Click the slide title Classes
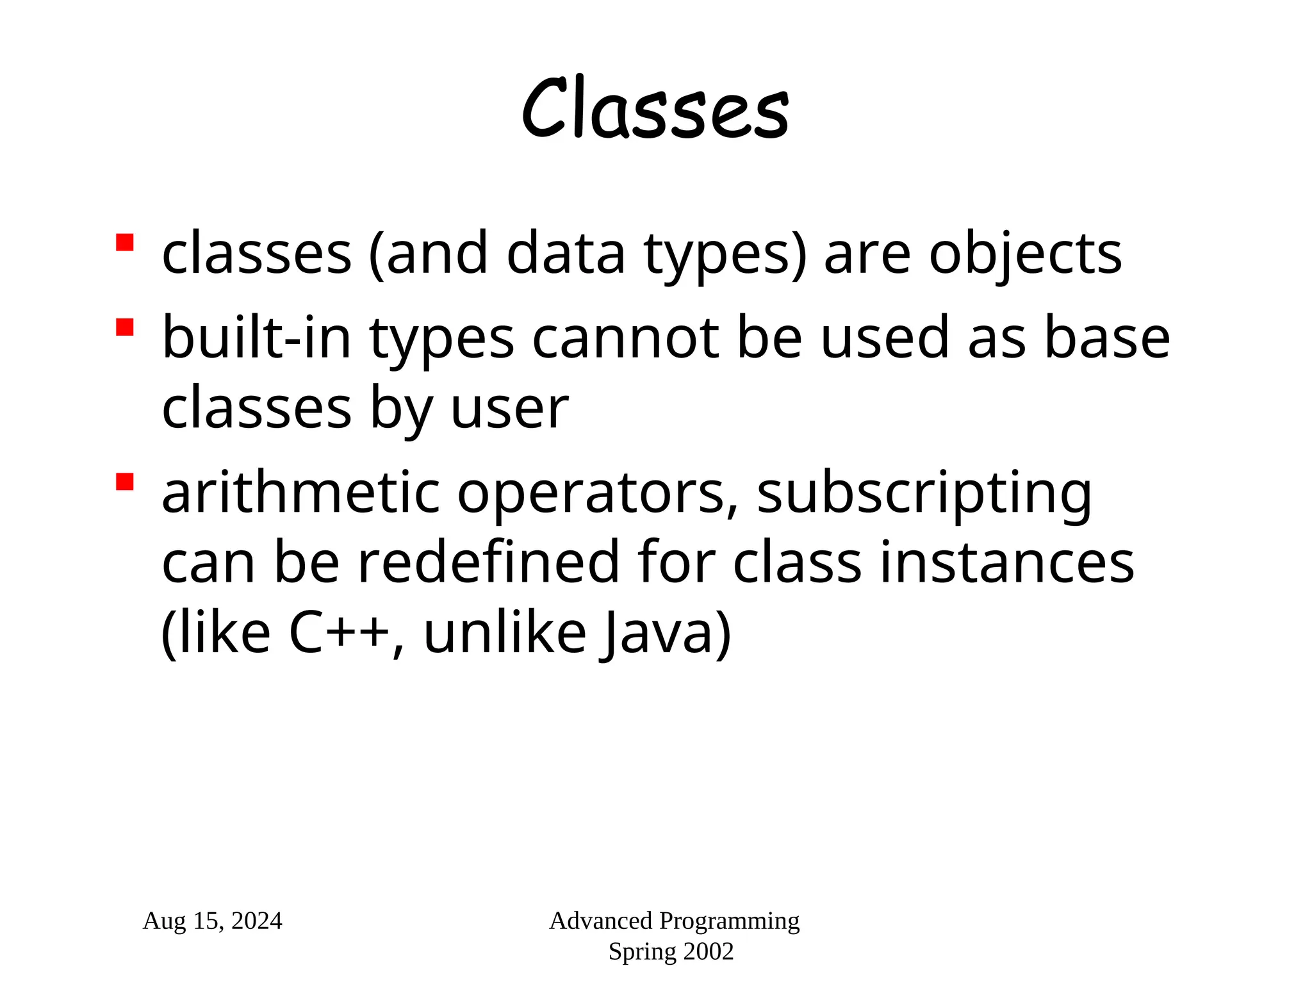(x=655, y=109)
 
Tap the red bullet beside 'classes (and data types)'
(x=124, y=243)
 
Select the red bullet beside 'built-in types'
(x=124, y=327)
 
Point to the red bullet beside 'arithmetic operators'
(x=124, y=482)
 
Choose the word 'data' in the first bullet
(x=566, y=254)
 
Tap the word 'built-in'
(x=257, y=338)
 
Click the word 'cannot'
(x=625, y=339)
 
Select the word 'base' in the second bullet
(x=1106, y=339)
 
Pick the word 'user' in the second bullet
(x=509, y=409)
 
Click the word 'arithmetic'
(x=300, y=493)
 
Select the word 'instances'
(x=1006, y=563)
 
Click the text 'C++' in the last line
(x=340, y=634)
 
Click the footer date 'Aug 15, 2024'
(x=212, y=921)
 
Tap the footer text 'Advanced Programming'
(x=674, y=921)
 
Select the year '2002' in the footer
(x=708, y=952)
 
